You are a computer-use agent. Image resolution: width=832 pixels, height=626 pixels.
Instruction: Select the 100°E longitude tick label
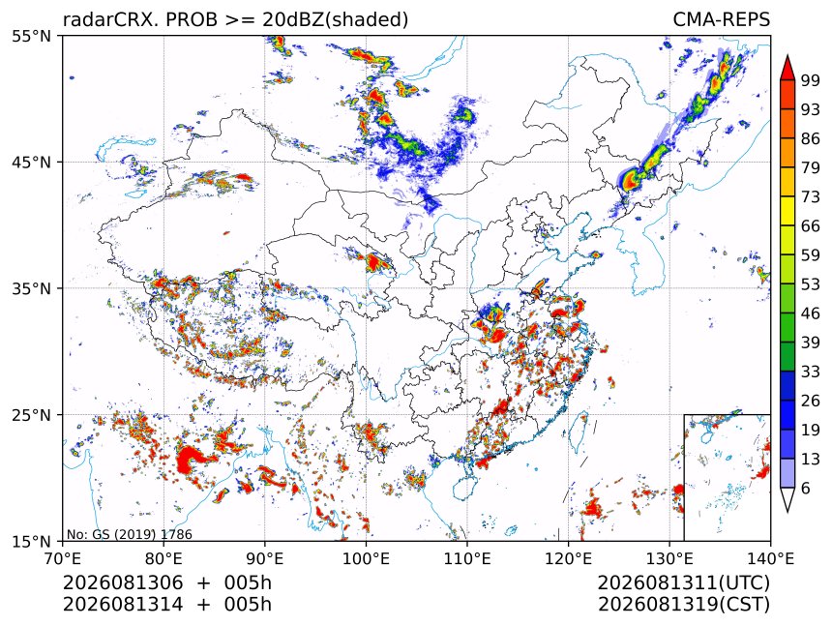(x=366, y=558)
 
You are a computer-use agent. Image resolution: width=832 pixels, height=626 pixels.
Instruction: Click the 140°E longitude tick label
(x=770, y=558)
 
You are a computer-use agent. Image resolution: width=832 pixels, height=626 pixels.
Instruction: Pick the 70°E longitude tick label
(x=63, y=558)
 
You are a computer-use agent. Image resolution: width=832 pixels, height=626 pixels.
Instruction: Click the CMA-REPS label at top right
(x=721, y=19)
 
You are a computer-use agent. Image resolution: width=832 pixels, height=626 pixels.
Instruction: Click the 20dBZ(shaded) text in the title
(x=336, y=20)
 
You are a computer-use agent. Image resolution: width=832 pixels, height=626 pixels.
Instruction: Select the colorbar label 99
(x=810, y=80)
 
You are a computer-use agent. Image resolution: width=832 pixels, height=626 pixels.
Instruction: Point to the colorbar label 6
(x=806, y=488)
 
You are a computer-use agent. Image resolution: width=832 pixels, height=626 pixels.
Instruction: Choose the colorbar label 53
(x=810, y=284)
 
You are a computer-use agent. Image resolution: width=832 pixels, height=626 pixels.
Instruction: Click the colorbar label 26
(x=810, y=401)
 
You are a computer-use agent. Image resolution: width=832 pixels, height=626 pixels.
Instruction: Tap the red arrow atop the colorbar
(x=787, y=68)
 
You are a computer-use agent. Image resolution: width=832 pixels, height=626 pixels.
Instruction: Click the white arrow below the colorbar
(x=787, y=500)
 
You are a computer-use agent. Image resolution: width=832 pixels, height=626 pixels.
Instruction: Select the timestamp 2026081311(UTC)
(x=683, y=583)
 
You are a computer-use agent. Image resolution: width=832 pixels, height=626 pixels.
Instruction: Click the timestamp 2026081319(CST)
(x=683, y=605)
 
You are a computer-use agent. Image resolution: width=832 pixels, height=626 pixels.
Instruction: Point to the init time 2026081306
(x=123, y=582)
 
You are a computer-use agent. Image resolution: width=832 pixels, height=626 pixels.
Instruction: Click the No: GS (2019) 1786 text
(x=130, y=534)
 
